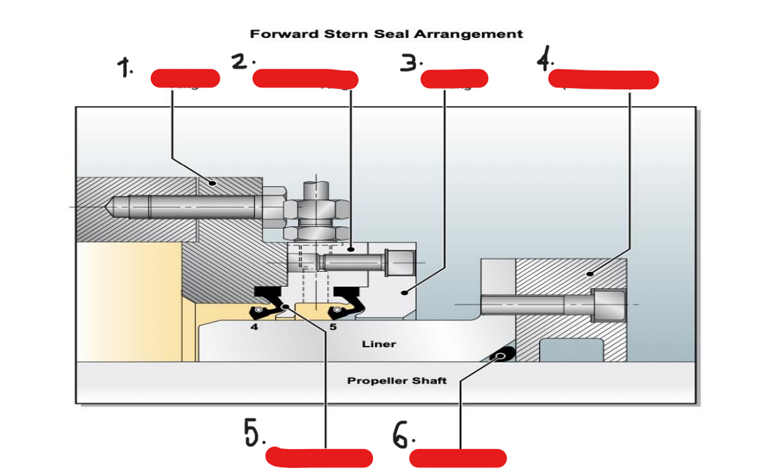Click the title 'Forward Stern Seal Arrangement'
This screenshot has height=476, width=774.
[386, 33]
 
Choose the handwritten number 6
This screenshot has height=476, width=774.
[401, 437]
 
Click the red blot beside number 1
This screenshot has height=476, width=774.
[185, 79]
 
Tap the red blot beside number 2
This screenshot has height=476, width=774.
[305, 79]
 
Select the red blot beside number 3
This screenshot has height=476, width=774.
[454, 79]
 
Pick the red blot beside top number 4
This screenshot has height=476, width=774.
[603, 79]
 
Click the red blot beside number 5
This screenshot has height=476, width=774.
[319, 457]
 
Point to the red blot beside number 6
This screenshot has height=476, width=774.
[458, 458]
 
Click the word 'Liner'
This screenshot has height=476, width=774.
[379, 344]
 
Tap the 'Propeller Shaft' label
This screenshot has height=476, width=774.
[397, 381]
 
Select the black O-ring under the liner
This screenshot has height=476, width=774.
[504, 353]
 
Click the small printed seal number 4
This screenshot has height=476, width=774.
[255, 327]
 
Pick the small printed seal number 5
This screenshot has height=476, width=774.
[333, 327]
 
